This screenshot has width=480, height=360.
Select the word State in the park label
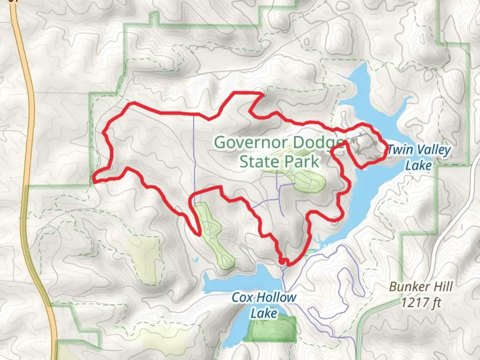coord(258,162)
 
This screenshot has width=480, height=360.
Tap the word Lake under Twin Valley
coord(419,165)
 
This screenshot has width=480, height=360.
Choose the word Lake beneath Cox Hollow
coord(264,313)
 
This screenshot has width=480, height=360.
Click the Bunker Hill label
coord(421,287)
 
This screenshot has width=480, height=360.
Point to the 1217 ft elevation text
coord(421,303)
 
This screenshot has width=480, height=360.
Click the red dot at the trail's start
coord(282,262)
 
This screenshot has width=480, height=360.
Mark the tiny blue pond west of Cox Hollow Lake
coord(195,259)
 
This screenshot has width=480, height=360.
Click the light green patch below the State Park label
coord(310,182)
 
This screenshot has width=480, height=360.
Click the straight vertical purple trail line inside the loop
coord(194,150)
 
